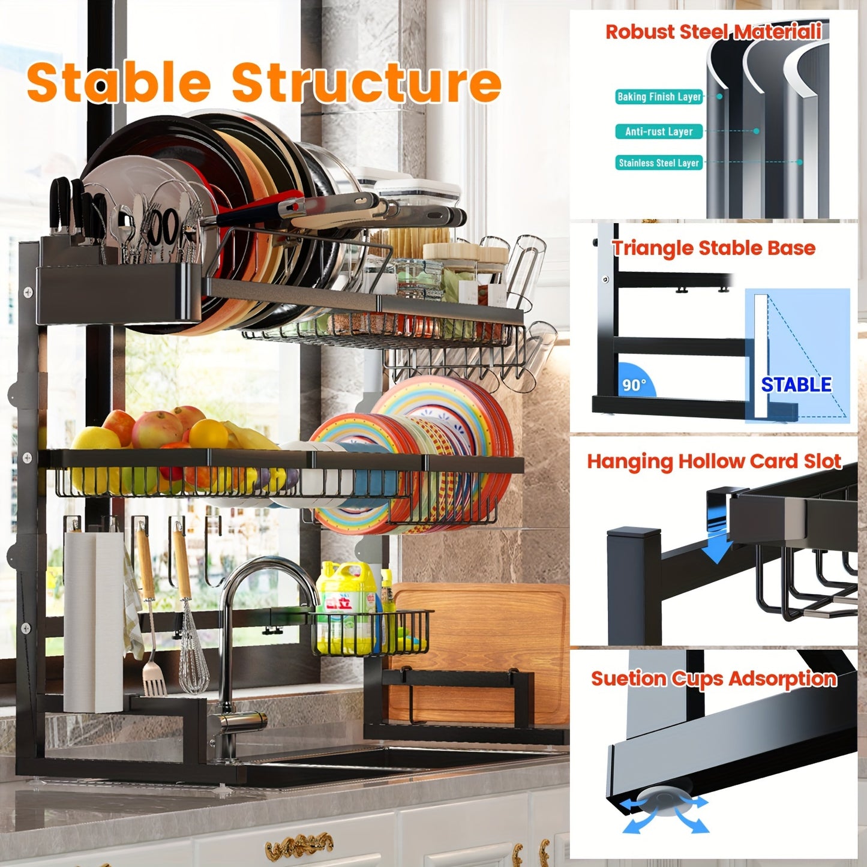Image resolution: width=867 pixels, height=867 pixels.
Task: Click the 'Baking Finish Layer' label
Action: coord(659,97)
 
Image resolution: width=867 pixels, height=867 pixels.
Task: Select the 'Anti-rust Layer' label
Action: coord(659,131)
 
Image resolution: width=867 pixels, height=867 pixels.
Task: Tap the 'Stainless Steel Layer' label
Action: coord(659,163)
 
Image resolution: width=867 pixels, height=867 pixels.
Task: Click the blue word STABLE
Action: coord(796,385)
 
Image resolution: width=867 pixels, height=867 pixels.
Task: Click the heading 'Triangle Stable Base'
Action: coord(713,248)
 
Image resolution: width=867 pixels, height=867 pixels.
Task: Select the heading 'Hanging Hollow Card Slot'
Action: coord(713,461)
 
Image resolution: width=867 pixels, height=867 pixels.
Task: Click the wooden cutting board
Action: coord(480,648)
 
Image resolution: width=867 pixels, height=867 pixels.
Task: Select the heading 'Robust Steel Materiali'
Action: coord(713,32)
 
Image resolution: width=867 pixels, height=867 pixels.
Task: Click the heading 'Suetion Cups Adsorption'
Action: coord(713,679)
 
